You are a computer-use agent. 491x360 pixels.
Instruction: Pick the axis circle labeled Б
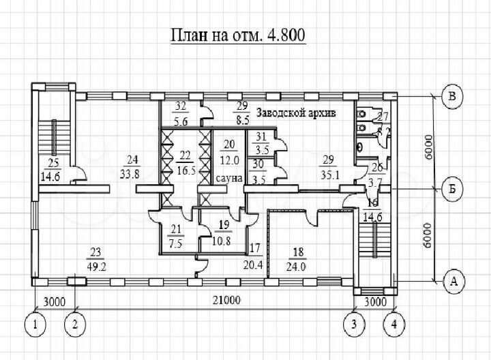(451, 187)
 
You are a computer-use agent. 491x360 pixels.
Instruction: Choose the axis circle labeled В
(451, 96)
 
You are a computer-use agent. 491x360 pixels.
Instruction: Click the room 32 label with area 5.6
(181, 112)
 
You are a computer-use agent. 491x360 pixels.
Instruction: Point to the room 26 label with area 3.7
(376, 176)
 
